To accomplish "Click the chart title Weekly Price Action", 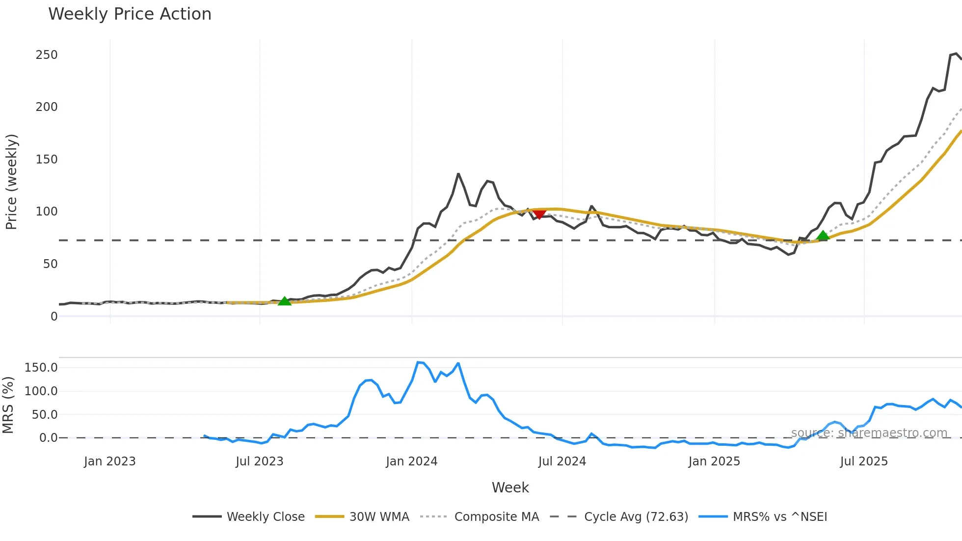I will click(x=130, y=14).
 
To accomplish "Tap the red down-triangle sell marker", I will click(x=539, y=214).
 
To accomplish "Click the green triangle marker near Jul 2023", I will click(x=285, y=301).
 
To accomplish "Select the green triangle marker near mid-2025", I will click(x=823, y=236).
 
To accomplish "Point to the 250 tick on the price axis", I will click(x=47, y=55).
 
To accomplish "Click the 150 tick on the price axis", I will click(x=47, y=160).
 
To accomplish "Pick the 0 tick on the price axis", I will click(x=54, y=317).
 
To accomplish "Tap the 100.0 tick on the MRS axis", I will click(x=41, y=391).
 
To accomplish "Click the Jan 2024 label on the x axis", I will click(x=411, y=461).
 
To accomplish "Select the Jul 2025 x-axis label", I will click(x=864, y=461).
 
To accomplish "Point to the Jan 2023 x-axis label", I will click(x=109, y=461).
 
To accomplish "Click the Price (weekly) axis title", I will click(x=11, y=182).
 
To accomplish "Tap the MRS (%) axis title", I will click(x=8, y=405).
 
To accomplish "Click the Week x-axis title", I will click(x=510, y=487).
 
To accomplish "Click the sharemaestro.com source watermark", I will click(x=869, y=433).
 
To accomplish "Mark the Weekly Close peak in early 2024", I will click(x=458, y=174).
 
